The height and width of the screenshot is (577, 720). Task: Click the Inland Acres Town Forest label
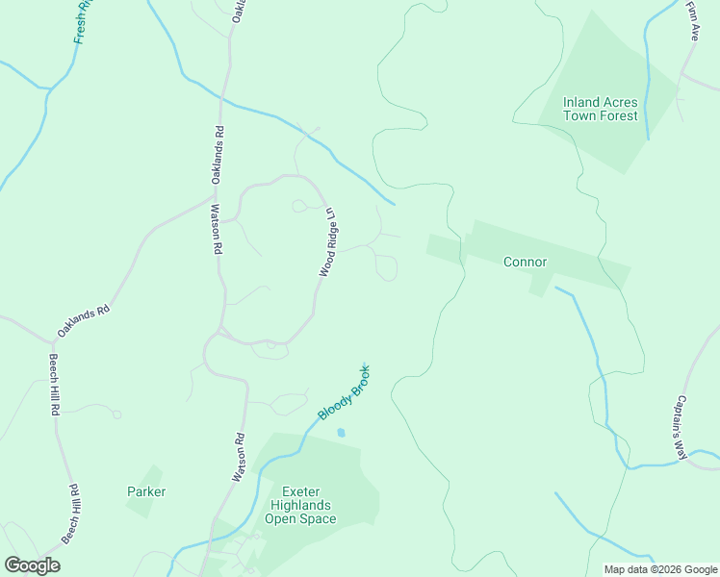(x=601, y=109)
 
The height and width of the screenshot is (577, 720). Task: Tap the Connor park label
(x=525, y=262)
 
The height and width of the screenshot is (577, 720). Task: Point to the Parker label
(x=146, y=491)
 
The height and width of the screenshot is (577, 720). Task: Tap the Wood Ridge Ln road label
(x=327, y=242)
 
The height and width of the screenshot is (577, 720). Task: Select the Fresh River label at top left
(x=84, y=20)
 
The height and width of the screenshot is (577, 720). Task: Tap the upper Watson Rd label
(x=216, y=228)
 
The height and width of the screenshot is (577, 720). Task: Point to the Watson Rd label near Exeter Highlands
(x=239, y=458)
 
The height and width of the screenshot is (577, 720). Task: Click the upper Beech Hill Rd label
(x=54, y=384)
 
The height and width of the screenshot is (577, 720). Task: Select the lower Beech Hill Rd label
(x=72, y=514)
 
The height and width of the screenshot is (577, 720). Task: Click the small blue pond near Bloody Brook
(x=341, y=433)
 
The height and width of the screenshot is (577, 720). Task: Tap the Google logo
(x=32, y=565)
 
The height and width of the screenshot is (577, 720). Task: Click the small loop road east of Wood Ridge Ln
(x=386, y=267)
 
